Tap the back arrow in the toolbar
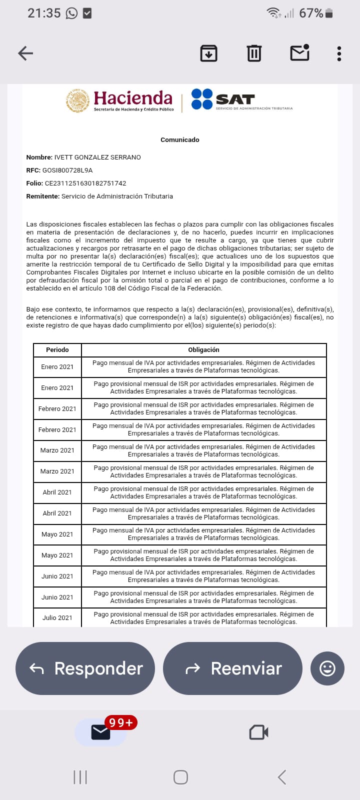tap(25, 53)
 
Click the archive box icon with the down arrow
tap(208, 53)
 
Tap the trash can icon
tap(254, 53)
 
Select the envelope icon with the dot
tap(299, 53)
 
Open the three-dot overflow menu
tap(339, 53)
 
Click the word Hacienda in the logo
tap(132, 98)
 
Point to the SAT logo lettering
tap(235, 99)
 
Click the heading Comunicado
tap(179, 140)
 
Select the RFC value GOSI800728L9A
tap(67, 170)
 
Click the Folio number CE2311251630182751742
tap(85, 183)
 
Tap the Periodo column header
tap(57, 350)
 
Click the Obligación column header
tap(203, 350)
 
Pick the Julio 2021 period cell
tap(57, 618)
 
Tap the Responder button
tap(85, 668)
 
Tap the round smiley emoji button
tap(327, 668)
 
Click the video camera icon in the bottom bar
tap(259, 732)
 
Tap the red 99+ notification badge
tap(120, 723)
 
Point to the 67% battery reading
tap(311, 13)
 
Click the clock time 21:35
tap(44, 13)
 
